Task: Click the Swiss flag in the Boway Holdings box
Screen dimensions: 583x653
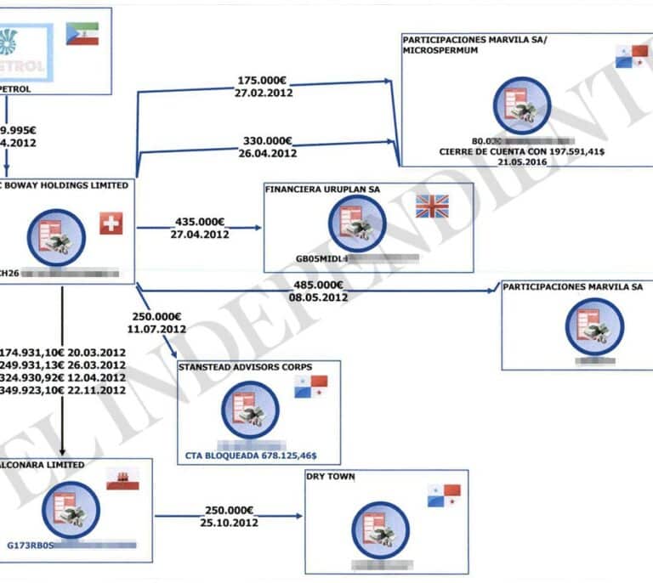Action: pos(111,224)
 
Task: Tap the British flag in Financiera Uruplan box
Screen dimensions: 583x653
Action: pos(431,206)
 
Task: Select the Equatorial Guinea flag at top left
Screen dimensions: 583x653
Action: pos(82,33)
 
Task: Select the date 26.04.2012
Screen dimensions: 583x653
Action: pos(265,154)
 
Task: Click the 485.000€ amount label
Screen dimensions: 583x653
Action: pos(317,286)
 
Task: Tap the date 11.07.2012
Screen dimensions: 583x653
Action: pos(156,328)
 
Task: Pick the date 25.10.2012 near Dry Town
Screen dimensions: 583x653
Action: pos(229,523)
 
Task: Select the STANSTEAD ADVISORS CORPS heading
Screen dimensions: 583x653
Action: pos(245,367)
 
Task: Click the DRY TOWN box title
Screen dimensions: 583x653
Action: pos(331,477)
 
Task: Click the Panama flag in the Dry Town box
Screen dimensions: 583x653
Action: pos(443,496)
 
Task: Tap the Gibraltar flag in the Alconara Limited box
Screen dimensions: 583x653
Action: pos(122,480)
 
